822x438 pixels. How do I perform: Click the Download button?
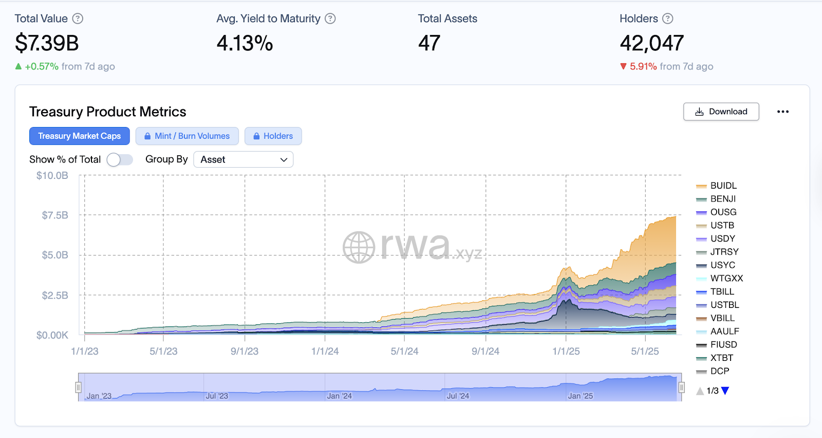point(721,112)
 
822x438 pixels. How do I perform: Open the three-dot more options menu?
point(782,112)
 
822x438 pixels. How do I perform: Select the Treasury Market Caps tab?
point(80,136)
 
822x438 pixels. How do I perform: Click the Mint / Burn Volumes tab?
point(187,136)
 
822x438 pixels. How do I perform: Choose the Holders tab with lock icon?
point(273,136)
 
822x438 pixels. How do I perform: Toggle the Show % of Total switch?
point(120,160)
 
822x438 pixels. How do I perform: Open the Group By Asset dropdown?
point(243,160)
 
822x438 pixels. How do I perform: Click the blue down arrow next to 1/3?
point(725,391)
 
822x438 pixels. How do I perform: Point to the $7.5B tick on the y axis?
point(55,215)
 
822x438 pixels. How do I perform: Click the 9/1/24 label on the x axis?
point(485,352)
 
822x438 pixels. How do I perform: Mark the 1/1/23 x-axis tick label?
point(85,352)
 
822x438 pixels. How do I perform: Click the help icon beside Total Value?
point(78,19)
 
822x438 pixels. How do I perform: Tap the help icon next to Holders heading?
point(667,19)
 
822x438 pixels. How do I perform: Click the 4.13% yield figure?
point(245,43)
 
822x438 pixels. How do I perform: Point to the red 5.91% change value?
point(643,67)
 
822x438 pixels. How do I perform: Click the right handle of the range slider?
point(681,387)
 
